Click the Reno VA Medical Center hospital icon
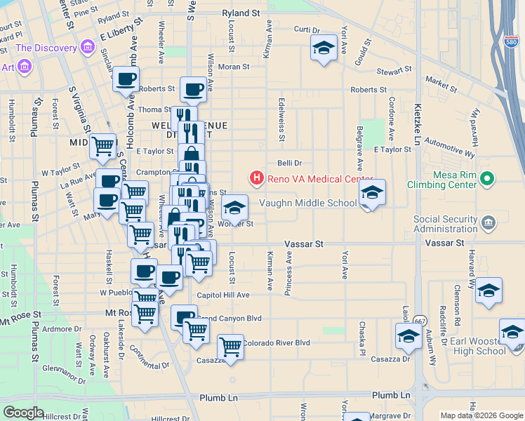point(257,178)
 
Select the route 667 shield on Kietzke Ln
point(420,321)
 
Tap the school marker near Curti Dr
point(323,48)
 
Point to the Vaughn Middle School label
point(307,203)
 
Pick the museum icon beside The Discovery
point(88,48)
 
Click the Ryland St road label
point(241,13)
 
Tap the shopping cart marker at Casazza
point(230,347)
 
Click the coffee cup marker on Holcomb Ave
point(126,80)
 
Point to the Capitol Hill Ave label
point(223,295)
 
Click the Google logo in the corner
point(23,413)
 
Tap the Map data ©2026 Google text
point(481,415)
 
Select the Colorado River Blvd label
point(276,343)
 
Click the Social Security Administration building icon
point(489,224)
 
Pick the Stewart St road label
point(393,71)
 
